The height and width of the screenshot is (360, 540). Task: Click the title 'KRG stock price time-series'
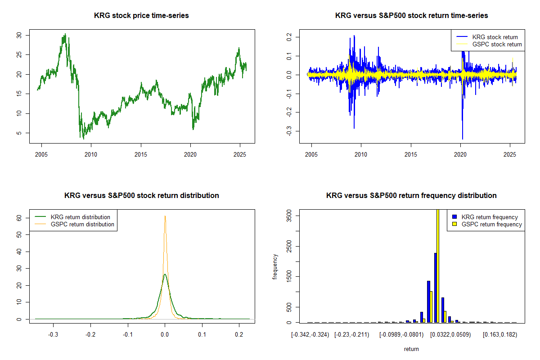pos(141,16)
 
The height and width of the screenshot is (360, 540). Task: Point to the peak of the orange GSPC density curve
pos(165,216)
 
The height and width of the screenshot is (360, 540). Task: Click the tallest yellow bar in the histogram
pos(438,265)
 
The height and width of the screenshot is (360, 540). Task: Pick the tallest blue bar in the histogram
pos(435,288)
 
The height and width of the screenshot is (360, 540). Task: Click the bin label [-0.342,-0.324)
pos(310,335)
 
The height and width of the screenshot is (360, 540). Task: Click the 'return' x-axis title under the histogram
pos(411,349)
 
